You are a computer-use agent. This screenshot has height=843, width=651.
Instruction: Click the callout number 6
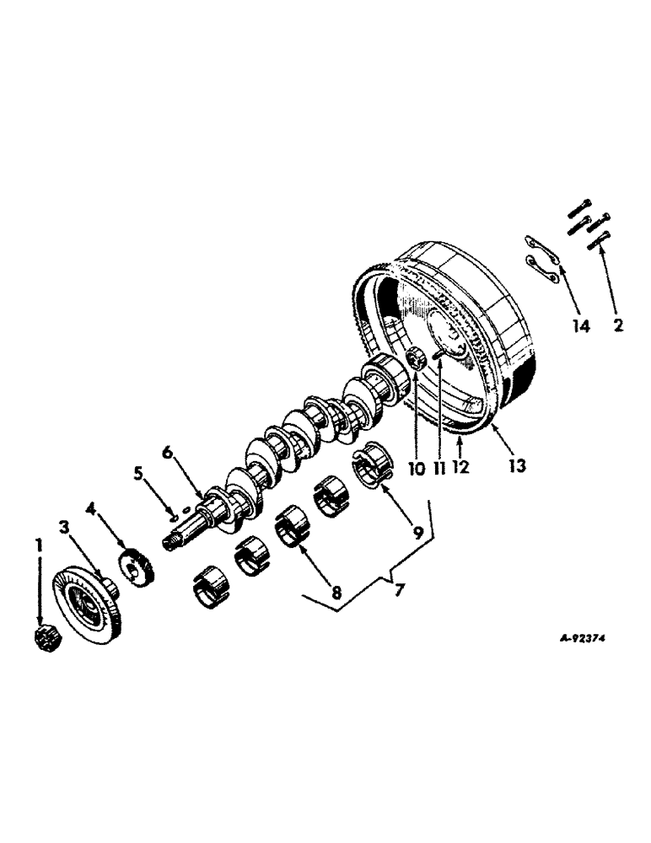[167, 453]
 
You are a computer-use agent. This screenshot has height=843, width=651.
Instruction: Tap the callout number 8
[336, 593]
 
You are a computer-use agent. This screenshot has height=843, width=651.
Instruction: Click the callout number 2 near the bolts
[618, 325]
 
